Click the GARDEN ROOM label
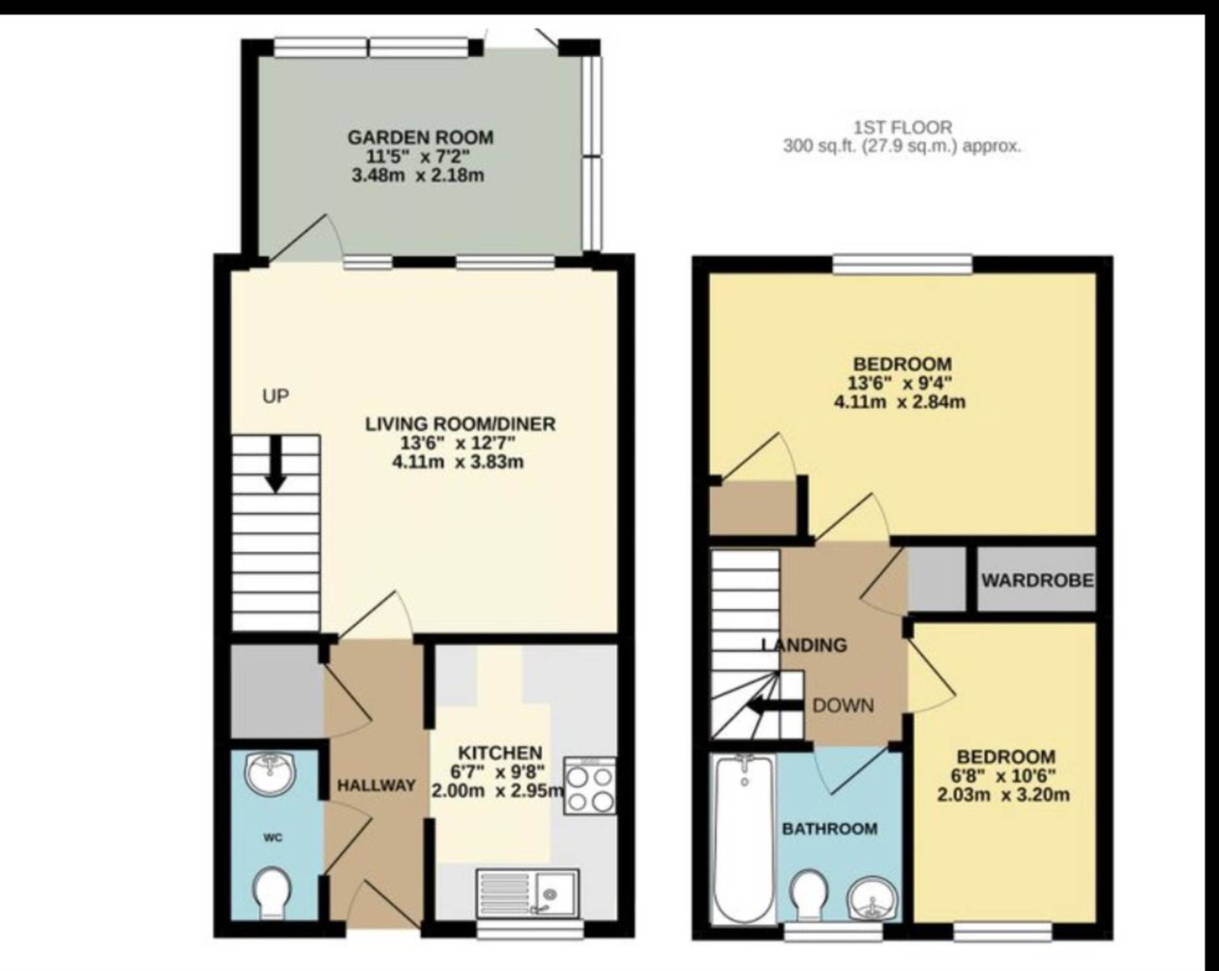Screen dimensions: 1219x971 (420, 137)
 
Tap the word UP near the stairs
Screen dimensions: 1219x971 (276, 396)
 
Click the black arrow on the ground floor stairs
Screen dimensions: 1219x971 (275, 464)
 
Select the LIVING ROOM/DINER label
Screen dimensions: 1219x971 (460, 424)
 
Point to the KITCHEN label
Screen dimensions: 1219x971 (500, 753)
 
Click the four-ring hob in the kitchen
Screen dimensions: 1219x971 (590, 786)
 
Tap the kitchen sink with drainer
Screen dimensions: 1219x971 (528, 894)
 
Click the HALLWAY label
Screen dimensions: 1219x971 (376, 786)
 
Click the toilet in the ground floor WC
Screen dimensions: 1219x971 (272, 892)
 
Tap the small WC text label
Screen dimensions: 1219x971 (273, 838)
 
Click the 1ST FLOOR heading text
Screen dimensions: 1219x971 (902, 128)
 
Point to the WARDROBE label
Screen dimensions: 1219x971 (1037, 580)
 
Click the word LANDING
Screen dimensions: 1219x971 (804, 645)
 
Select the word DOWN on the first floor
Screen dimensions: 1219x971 (843, 706)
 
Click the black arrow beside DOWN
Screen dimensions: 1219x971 (774, 706)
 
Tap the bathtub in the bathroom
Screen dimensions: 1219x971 (743, 838)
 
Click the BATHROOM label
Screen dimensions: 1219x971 (830, 829)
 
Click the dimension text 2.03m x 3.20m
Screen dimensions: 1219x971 (1003, 794)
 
